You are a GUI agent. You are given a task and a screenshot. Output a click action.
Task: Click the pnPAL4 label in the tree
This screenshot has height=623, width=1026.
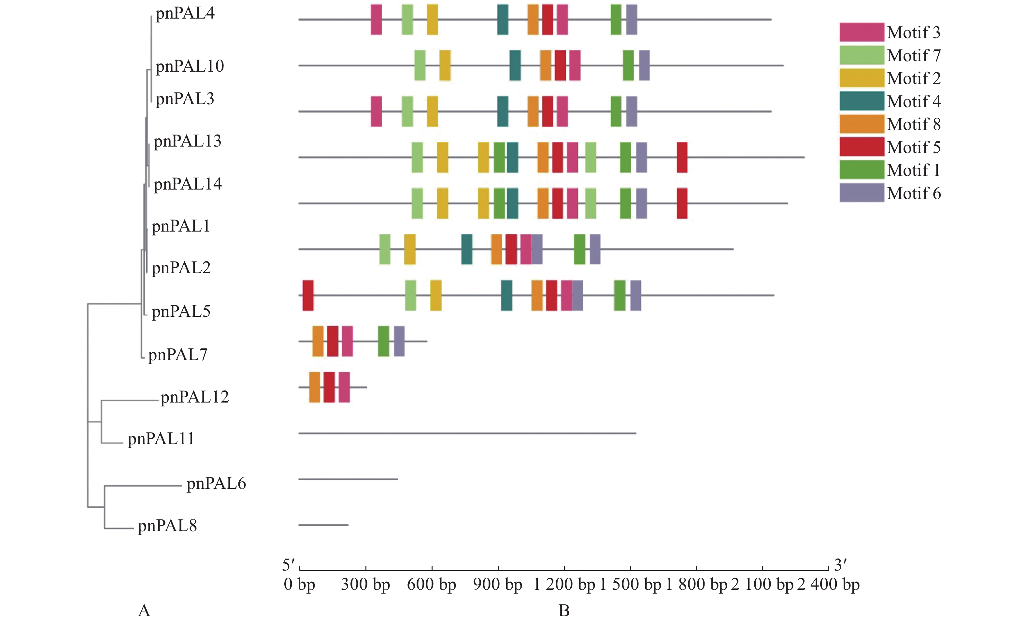pyautogui.click(x=185, y=13)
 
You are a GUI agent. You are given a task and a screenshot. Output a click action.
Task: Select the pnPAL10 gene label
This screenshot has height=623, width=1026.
pyautogui.click(x=190, y=66)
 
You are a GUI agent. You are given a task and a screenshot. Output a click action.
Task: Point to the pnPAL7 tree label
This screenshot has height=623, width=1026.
pyautogui.click(x=178, y=355)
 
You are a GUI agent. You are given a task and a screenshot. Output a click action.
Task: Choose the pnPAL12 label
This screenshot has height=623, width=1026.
pyautogui.click(x=194, y=397)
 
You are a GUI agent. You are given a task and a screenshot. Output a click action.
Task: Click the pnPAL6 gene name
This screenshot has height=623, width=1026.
pyautogui.click(x=216, y=484)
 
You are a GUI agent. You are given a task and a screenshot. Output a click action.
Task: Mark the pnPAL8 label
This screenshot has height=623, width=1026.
pyautogui.click(x=167, y=526)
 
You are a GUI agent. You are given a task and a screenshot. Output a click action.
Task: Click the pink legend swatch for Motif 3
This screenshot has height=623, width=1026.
pyautogui.click(x=862, y=32)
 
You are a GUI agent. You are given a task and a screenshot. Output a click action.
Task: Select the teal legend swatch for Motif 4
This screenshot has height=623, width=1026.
pyautogui.click(x=862, y=101)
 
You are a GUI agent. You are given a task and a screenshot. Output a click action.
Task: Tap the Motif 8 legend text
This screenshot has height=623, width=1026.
pyautogui.click(x=914, y=124)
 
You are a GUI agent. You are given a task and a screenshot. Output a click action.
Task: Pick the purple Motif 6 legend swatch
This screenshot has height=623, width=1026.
pyautogui.click(x=862, y=193)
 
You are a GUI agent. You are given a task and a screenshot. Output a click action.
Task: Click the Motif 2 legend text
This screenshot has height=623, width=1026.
pyautogui.click(x=914, y=78)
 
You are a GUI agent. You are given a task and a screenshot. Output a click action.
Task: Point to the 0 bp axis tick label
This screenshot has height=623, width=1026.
pyautogui.click(x=299, y=584)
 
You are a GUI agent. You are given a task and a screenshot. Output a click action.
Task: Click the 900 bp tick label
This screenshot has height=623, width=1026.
pyautogui.click(x=498, y=584)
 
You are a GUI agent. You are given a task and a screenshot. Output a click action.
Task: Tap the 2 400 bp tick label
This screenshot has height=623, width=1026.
pyautogui.click(x=829, y=584)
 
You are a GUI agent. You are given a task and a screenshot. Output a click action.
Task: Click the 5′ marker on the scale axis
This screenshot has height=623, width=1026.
pyautogui.click(x=288, y=565)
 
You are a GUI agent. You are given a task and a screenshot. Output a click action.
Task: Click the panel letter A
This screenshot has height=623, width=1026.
pyautogui.click(x=144, y=611)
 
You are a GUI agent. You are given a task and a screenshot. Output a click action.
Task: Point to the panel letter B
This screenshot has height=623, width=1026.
pyautogui.click(x=564, y=611)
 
